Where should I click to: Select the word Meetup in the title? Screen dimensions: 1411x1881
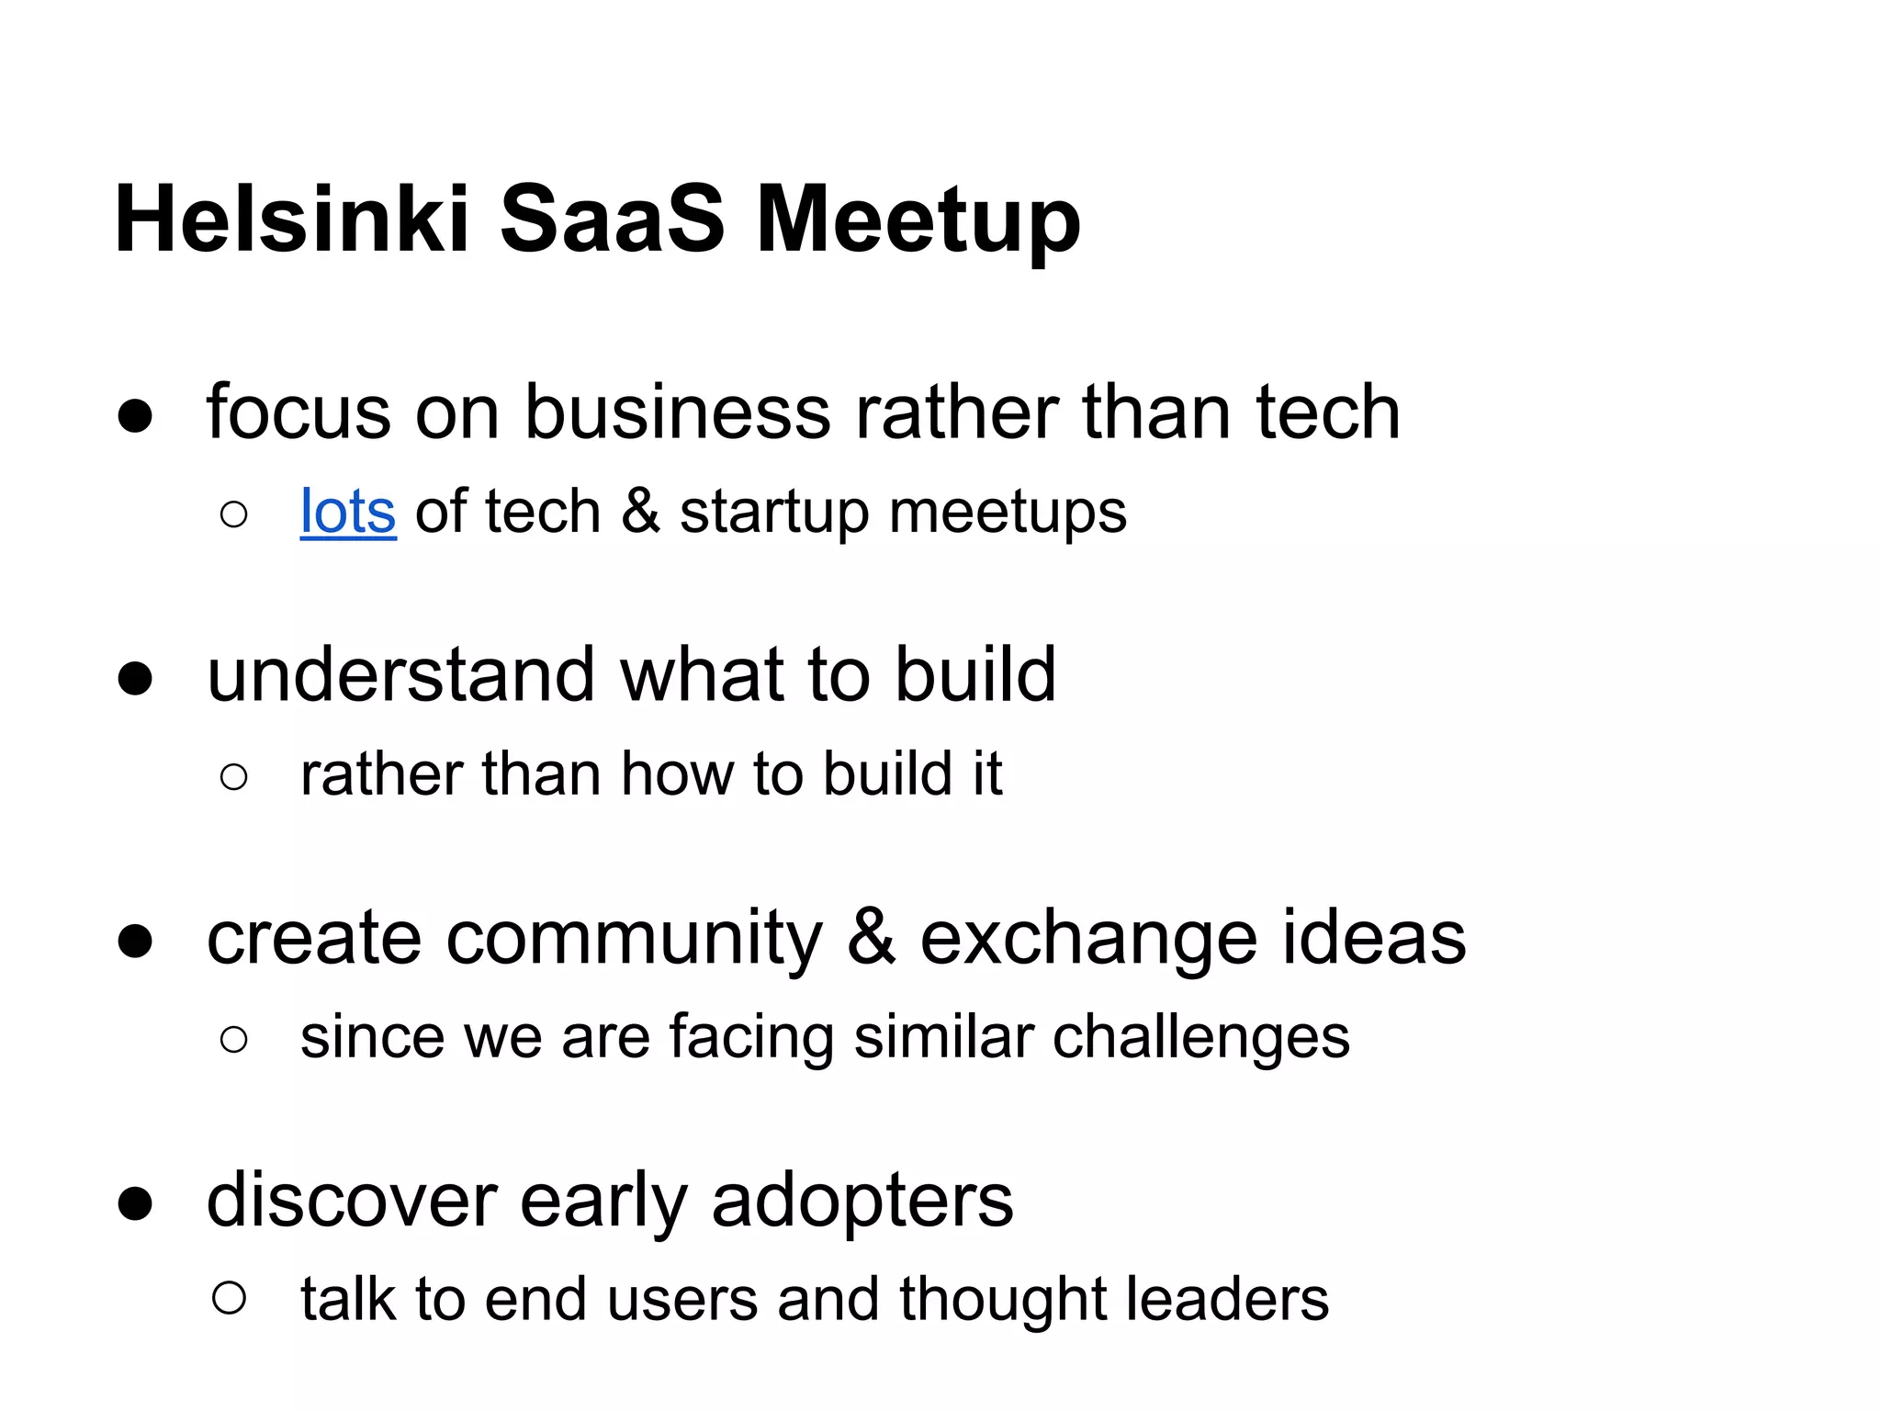click(918, 220)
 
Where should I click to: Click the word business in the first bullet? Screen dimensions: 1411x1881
click(678, 412)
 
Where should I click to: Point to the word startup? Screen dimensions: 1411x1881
click(773, 513)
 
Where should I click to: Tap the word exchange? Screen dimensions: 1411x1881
click(1088, 939)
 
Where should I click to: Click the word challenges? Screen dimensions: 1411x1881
click(1200, 1038)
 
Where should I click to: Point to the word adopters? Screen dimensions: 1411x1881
click(862, 1202)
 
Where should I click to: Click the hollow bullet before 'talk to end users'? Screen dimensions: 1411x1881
click(229, 1298)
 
